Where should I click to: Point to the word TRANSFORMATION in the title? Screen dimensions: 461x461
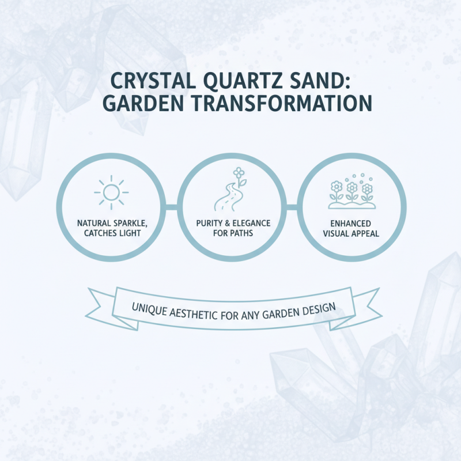coord(277,104)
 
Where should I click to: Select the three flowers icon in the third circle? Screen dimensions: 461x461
coord(350,192)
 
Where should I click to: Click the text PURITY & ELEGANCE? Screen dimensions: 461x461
coord(230,222)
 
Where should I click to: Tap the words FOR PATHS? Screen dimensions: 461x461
coord(230,233)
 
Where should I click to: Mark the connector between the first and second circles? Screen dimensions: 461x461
coord(171,206)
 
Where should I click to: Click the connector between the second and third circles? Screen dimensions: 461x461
coord(291,206)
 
